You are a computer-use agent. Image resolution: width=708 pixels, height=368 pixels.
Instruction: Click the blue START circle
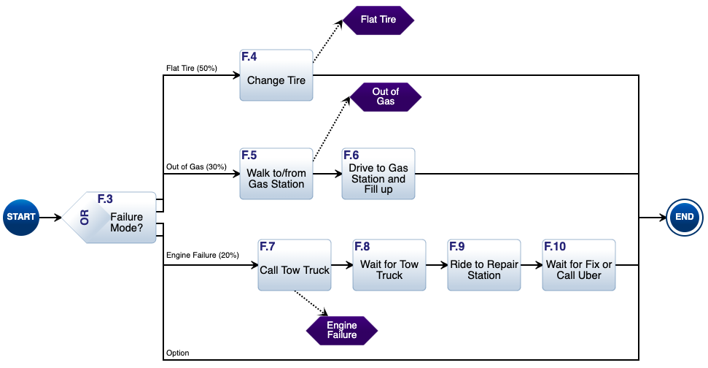click(21, 217)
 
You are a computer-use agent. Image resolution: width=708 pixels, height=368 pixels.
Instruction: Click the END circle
click(685, 217)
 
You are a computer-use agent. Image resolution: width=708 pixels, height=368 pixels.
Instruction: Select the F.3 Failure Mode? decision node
click(117, 218)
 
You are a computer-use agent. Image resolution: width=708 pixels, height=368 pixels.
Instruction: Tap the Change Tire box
click(276, 76)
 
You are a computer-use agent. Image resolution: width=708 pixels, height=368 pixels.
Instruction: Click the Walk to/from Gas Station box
click(276, 174)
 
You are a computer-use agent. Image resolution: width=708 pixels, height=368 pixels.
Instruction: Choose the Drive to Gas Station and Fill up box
click(378, 174)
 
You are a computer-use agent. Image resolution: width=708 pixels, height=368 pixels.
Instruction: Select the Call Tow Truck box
click(295, 265)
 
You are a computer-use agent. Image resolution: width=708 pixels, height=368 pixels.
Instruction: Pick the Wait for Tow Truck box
click(389, 265)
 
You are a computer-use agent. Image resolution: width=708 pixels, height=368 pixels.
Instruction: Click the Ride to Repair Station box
click(484, 265)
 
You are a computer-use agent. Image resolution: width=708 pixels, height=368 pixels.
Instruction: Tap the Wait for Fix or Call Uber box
click(579, 265)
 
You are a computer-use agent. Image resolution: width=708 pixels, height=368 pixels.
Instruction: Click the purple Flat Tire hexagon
click(378, 20)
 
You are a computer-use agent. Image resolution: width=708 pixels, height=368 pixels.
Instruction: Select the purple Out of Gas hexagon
click(385, 96)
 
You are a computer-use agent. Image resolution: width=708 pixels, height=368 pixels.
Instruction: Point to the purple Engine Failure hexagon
click(341, 330)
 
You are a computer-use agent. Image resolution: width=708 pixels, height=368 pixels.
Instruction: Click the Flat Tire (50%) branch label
click(191, 68)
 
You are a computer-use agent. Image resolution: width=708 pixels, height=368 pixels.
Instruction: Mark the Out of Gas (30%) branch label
click(196, 166)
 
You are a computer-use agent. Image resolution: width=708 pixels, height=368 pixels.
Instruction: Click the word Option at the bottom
click(177, 353)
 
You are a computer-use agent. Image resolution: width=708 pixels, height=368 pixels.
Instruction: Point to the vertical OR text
click(84, 218)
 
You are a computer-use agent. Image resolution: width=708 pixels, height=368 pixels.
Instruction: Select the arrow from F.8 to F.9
click(437, 265)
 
